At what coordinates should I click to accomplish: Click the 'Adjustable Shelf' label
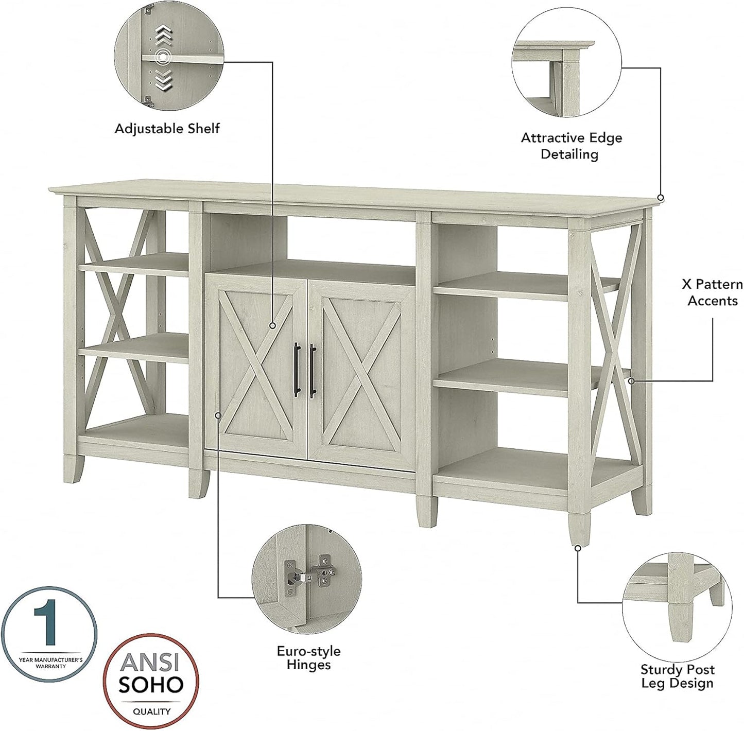[167, 128]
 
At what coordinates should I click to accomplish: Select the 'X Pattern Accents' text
[712, 292]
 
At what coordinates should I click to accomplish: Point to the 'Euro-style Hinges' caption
[308, 658]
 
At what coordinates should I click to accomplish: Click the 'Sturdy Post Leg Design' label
[677, 676]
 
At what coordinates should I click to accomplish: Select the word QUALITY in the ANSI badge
[151, 711]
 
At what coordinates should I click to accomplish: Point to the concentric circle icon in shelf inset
[164, 57]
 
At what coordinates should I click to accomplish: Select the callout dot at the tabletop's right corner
[661, 198]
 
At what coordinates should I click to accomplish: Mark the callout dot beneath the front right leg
[578, 548]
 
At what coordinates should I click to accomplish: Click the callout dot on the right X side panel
[631, 381]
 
